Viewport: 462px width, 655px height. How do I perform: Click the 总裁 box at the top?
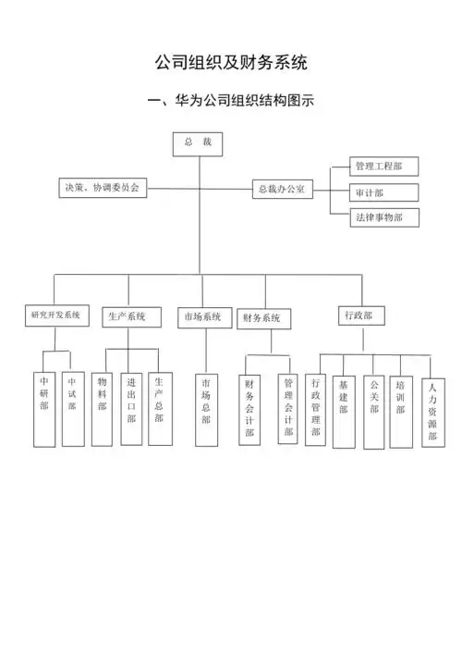[198, 142]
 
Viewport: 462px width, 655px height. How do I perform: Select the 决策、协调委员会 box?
[102, 188]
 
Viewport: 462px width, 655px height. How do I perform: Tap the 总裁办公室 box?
[284, 189]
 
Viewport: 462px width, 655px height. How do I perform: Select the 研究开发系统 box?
[55, 315]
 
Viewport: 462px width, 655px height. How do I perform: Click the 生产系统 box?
[127, 317]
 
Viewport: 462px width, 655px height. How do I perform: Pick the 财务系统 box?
[262, 318]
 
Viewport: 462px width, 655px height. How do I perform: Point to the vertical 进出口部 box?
[131, 408]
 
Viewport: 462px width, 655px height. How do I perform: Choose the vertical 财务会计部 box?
[249, 410]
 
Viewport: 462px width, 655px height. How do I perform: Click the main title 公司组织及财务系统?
[231, 62]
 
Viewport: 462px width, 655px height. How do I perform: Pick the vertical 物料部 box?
[102, 408]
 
